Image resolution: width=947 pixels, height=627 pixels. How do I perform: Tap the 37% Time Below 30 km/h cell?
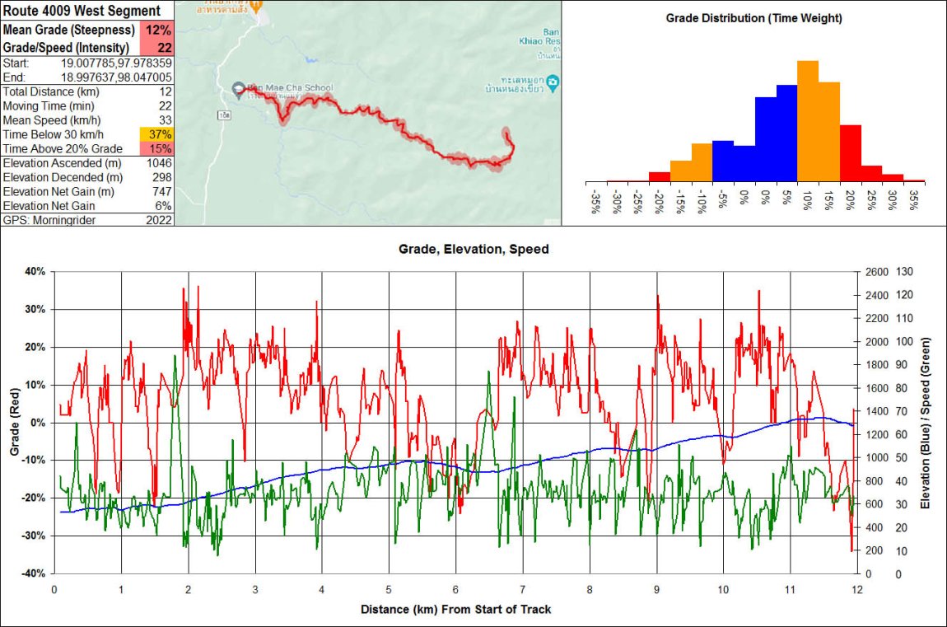(159, 134)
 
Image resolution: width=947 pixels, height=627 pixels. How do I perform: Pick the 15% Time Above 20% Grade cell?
(160, 148)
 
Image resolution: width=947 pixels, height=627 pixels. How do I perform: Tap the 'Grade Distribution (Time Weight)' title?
(754, 17)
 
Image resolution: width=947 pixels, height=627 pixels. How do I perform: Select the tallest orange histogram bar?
(807, 120)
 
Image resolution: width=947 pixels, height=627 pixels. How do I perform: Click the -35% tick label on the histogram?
(595, 203)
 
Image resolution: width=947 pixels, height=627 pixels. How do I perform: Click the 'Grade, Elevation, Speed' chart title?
(473, 248)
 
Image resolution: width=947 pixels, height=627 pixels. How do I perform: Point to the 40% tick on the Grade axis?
(36, 271)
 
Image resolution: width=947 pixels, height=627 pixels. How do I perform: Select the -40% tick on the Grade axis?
(34, 573)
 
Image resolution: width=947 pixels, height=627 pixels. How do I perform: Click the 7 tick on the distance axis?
(523, 590)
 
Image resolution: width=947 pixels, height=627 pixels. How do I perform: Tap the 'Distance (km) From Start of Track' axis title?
(455, 610)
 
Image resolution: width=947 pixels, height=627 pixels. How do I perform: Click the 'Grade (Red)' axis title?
(13, 422)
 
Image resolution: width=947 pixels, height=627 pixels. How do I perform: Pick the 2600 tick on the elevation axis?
(875, 271)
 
